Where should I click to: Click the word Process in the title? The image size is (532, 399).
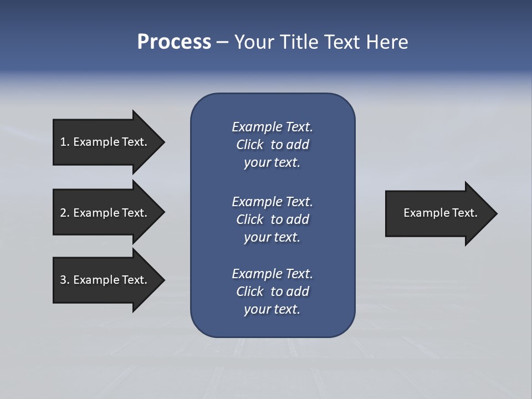(174, 42)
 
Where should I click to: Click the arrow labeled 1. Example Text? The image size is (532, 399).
(105, 142)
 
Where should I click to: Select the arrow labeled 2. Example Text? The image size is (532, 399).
(105, 213)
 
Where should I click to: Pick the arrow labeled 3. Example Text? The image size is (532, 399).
(105, 280)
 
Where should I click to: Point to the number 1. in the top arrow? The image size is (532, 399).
(64, 142)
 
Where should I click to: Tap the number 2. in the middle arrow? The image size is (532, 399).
(64, 213)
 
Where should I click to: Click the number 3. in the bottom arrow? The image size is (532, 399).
(64, 280)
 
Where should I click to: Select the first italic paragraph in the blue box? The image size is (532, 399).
(272, 145)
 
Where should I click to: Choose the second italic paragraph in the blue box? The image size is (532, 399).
(272, 219)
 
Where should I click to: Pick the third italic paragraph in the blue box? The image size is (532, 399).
(272, 291)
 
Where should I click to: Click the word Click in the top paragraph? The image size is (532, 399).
(249, 145)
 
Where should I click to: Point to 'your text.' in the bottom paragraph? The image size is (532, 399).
(272, 309)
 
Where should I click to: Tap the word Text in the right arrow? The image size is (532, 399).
(464, 213)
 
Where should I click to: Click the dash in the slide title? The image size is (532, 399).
(222, 43)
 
